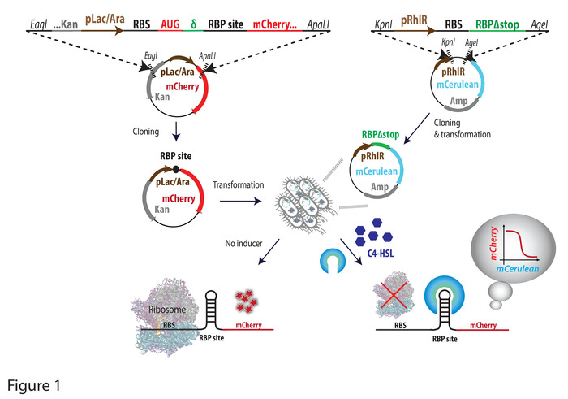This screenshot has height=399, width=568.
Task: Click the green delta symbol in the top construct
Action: (x=193, y=24)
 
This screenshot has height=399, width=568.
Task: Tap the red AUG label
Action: (x=170, y=24)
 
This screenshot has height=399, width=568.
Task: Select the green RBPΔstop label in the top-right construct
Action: (x=497, y=24)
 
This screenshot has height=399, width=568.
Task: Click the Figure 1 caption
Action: (x=34, y=385)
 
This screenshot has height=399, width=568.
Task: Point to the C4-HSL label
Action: (x=381, y=254)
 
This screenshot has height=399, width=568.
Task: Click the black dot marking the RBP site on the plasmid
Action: (x=176, y=169)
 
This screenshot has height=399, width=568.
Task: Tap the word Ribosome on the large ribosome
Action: (x=167, y=310)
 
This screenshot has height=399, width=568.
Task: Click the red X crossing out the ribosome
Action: (x=394, y=296)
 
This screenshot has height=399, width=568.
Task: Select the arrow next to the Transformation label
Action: (x=240, y=201)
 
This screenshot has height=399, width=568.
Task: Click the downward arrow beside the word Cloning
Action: (x=176, y=131)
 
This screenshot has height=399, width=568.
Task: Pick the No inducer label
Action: (x=243, y=243)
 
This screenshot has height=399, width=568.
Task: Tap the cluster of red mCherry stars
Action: (x=246, y=301)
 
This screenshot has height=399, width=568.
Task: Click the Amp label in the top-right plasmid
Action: (x=458, y=101)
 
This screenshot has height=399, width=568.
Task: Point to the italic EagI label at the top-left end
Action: (x=38, y=24)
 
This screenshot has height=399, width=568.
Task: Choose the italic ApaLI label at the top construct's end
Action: (x=318, y=24)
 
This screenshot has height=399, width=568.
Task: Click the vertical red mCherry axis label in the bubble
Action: (x=493, y=244)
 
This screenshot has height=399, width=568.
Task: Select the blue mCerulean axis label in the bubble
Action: (x=518, y=269)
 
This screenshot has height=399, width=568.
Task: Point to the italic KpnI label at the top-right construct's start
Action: (x=383, y=24)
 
